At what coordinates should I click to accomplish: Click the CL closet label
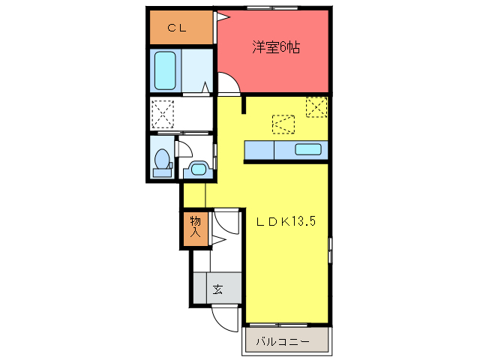pos(177,28)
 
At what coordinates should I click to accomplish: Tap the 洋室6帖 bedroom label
pos(276,47)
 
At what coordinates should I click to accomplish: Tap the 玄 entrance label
pos(217,289)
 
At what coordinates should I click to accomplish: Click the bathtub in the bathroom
pos(165,70)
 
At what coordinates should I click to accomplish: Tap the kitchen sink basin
pos(308,148)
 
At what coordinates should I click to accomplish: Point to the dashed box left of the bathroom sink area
pos(163,114)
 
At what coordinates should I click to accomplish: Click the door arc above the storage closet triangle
pos(224,223)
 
